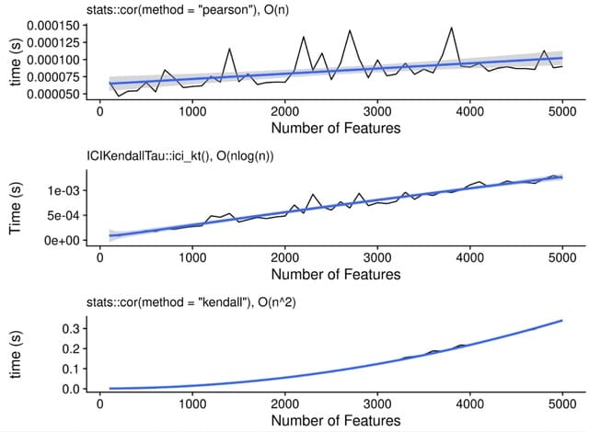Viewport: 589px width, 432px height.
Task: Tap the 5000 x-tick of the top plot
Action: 562,111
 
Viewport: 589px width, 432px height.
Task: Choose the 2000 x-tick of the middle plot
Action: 284,257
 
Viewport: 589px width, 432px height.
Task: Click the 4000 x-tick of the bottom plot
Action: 469,404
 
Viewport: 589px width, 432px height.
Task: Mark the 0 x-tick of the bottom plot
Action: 99,404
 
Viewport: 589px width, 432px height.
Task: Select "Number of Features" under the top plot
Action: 330,127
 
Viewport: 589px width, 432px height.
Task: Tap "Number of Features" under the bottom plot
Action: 330,419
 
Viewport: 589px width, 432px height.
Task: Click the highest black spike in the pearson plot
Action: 451,28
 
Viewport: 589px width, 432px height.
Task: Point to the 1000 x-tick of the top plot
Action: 192,111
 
